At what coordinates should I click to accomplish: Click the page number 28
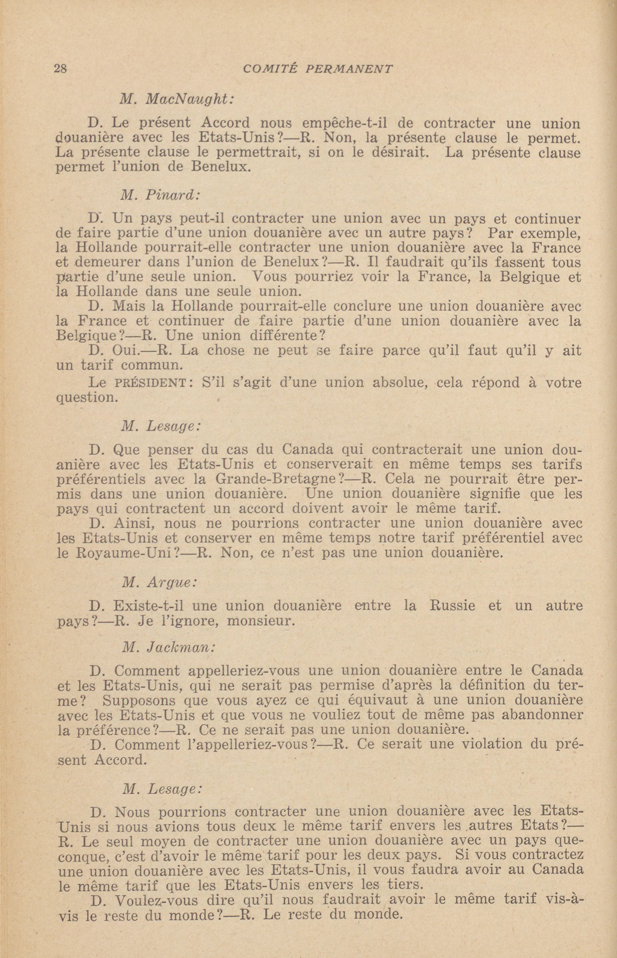(61, 69)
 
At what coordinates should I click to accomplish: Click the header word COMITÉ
(270, 69)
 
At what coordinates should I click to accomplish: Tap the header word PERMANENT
(349, 69)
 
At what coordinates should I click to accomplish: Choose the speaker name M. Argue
(159, 582)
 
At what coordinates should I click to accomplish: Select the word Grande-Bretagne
(277, 479)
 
